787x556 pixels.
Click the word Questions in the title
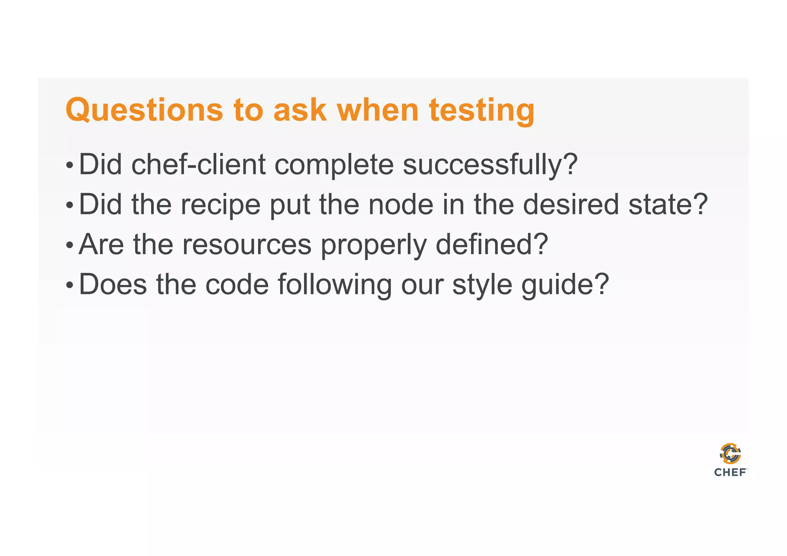[x=144, y=110]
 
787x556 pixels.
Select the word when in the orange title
[x=377, y=110]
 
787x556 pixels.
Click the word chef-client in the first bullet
[x=199, y=164]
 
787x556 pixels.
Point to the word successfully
[x=490, y=164]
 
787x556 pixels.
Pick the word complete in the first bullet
[x=334, y=164]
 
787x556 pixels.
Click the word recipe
[x=221, y=204]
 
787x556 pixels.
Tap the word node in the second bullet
[x=401, y=204]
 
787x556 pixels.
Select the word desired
[x=571, y=204]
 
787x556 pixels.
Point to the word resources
[x=246, y=244]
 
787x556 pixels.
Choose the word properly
[x=374, y=244]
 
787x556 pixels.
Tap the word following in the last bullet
[x=334, y=284]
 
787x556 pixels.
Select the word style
[x=482, y=284]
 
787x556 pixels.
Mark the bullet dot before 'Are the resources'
[x=69, y=245]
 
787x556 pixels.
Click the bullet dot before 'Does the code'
[x=69, y=285]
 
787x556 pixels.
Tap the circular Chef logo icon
[x=730, y=454]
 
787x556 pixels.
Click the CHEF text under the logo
[x=730, y=472]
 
